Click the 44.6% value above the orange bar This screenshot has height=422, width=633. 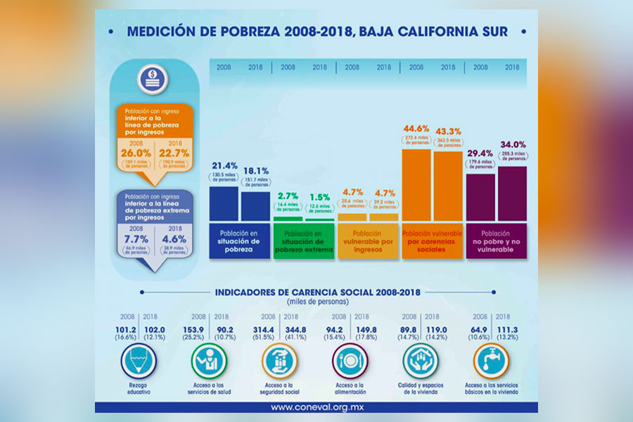(x=416, y=129)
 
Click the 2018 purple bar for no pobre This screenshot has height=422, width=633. (x=512, y=193)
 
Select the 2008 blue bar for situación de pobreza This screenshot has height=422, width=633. (x=224, y=203)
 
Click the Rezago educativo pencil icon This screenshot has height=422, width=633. (x=137, y=362)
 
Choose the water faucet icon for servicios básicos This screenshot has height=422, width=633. (x=487, y=362)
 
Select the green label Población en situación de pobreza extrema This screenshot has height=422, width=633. (x=304, y=242)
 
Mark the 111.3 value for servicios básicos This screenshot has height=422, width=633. (x=505, y=329)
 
